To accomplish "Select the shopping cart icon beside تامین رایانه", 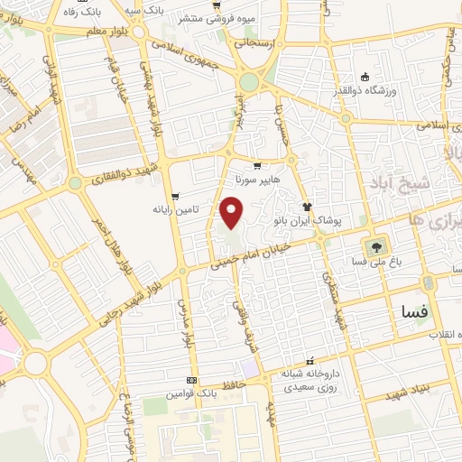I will click(175, 196).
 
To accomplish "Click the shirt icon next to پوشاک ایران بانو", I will click(307, 205).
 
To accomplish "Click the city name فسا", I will click(416, 311).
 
